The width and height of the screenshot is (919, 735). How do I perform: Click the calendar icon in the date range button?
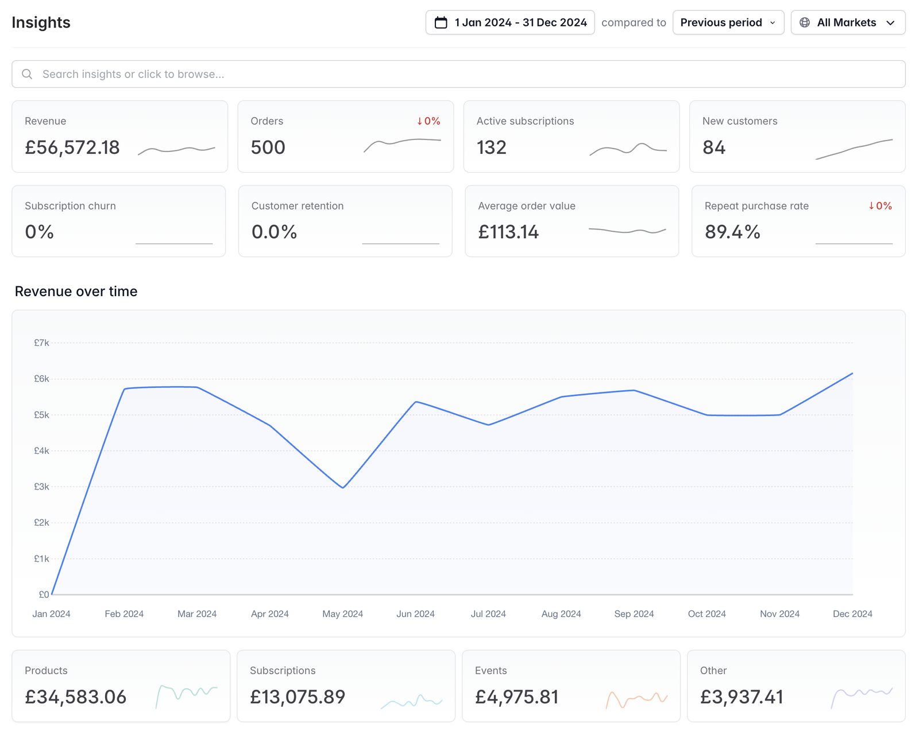441,22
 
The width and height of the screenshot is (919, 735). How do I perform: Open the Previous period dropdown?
728,22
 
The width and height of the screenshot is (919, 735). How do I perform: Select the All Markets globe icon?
805,22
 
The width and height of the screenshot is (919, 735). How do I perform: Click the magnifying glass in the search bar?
27,74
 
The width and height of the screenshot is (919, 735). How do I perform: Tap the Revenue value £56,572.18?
72,147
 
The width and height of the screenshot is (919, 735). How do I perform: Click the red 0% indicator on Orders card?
428,121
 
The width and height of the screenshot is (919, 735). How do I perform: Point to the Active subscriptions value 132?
492,147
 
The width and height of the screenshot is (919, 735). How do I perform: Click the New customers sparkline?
854,149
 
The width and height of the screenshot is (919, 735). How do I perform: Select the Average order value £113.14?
509,232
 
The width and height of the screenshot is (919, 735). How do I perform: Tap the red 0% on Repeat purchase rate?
880,206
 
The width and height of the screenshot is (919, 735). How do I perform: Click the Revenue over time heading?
76,291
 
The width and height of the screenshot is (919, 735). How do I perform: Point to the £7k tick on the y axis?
41,343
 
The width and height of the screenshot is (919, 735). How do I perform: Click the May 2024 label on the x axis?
342,614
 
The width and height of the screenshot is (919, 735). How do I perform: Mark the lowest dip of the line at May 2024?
343,488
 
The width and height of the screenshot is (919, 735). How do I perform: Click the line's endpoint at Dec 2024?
852,374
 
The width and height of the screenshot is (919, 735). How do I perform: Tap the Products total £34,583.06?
76,697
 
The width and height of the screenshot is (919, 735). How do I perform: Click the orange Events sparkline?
637,699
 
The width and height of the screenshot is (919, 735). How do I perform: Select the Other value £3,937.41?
742,697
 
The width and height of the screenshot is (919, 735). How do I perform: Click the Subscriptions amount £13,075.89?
298,697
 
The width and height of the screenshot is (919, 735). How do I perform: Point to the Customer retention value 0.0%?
274,232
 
